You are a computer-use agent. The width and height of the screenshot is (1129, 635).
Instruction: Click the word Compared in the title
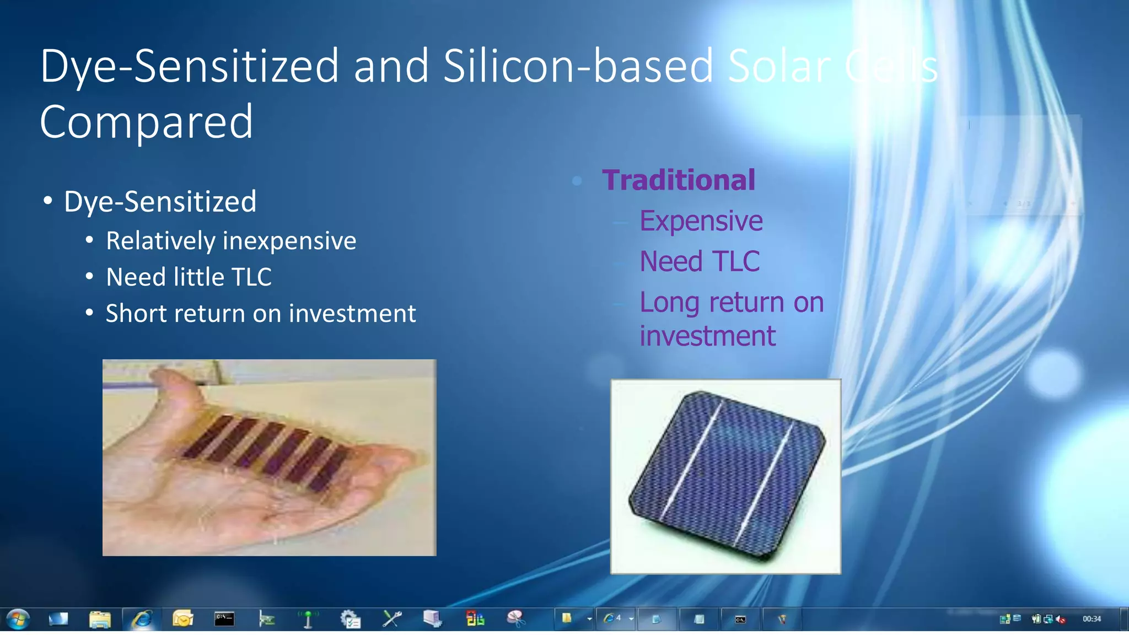[146, 122]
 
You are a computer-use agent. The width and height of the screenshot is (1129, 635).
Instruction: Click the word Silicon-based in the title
[578, 66]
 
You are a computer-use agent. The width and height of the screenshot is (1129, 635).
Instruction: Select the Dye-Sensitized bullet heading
[160, 202]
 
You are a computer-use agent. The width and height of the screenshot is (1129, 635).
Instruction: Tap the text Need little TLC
[189, 277]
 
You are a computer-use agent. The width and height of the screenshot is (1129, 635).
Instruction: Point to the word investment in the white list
[352, 314]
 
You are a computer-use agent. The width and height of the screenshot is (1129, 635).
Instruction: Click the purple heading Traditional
[678, 180]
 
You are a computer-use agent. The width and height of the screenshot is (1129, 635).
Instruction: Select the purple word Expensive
[701, 221]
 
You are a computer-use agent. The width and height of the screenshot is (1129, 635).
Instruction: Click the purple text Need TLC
[699, 261]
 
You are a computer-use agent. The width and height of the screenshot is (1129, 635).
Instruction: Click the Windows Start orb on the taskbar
[18, 619]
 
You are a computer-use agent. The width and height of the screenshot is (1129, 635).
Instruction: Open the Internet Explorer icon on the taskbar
[142, 619]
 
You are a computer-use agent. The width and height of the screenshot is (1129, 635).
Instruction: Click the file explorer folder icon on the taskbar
[100, 619]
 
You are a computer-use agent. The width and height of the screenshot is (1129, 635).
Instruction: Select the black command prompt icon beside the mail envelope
[224, 619]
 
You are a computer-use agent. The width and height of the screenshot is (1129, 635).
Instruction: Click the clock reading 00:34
[1091, 619]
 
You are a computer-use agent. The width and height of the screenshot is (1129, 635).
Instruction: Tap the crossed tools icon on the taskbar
[392, 619]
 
